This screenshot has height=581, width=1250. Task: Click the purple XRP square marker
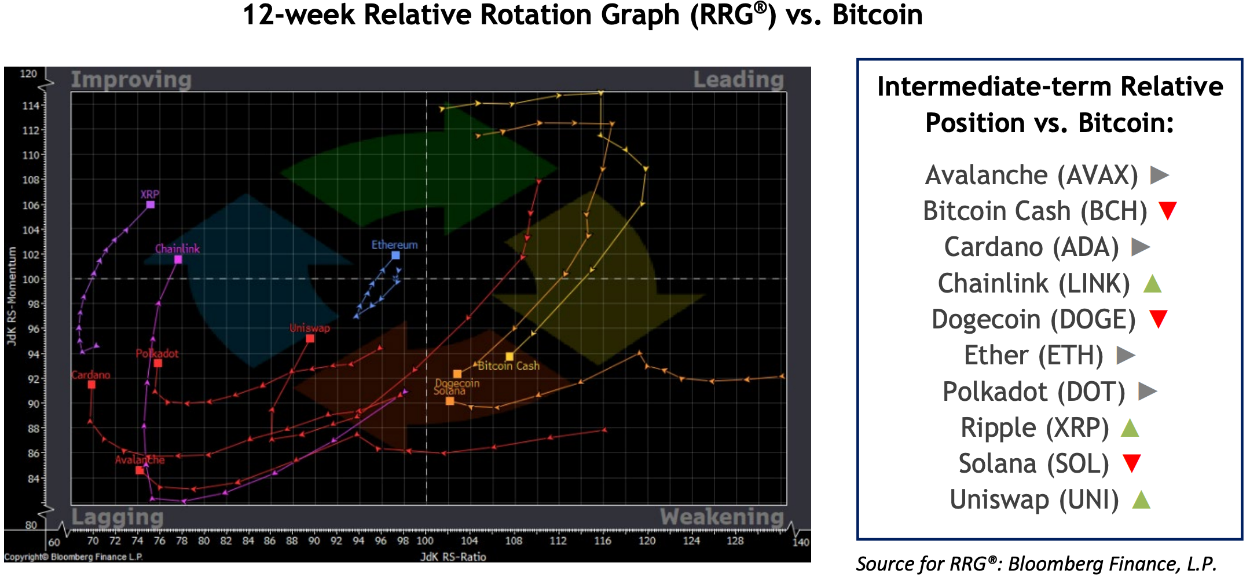(x=151, y=204)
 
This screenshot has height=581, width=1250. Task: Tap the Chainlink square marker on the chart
(x=178, y=260)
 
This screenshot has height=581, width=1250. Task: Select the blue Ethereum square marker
(x=395, y=255)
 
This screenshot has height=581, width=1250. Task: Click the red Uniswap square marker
(x=310, y=338)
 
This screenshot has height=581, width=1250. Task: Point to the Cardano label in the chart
(x=91, y=375)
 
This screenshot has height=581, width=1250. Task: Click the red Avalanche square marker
(x=140, y=470)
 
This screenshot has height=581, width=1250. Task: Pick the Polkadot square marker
(x=158, y=363)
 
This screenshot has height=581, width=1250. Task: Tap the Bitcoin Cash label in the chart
(x=509, y=366)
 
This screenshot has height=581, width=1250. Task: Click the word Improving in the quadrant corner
(x=131, y=79)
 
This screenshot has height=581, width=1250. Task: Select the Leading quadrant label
(x=738, y=79)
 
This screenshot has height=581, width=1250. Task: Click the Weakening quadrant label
(x=721, y=516)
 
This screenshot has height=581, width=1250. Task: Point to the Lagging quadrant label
(x=118, y=516)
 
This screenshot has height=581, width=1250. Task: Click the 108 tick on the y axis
(x=31, y=180)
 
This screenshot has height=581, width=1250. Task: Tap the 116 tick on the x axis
(x=602, y=540)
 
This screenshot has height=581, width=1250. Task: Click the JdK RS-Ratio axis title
(x=453, y=557)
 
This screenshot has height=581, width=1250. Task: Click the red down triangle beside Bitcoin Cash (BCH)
(x=1168, y=210)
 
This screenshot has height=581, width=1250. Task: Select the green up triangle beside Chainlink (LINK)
(x=1152, y=283)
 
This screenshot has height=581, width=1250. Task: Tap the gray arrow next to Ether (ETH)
(x=1126, y=355)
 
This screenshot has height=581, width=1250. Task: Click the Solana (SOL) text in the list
(x=1033, y=463)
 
